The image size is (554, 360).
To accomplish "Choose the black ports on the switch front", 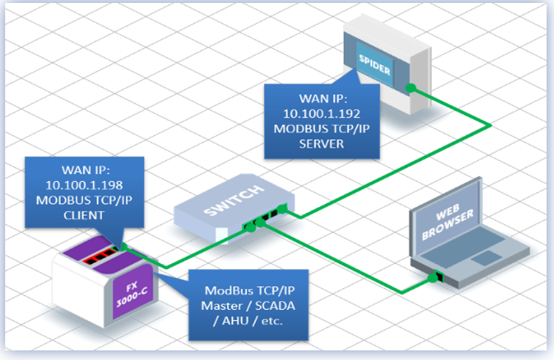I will tap(266, 218).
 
